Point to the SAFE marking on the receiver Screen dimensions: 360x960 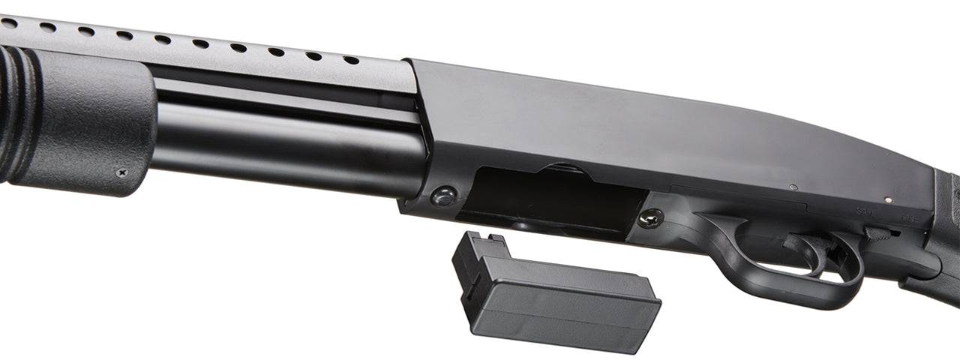pos(866,211)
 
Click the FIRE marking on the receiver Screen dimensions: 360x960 pos(910,220)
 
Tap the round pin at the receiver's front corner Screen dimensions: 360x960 pos(443,196)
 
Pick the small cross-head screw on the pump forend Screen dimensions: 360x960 pos(121,172)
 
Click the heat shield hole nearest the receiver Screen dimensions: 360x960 pos(350,60)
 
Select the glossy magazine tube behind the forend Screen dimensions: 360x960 pos(285,146)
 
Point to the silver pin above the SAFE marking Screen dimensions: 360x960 pos(889,200)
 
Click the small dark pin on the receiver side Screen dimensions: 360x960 pos(793,187)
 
